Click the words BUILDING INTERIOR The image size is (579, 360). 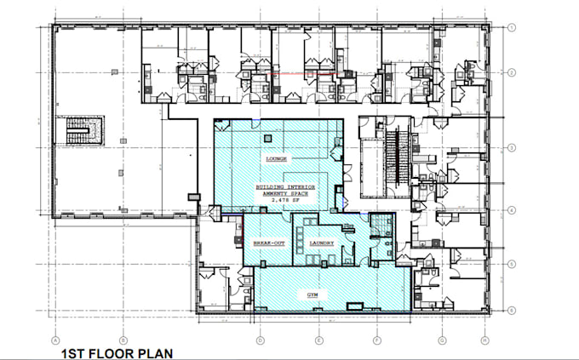tap(285, 186)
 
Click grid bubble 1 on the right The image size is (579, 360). tap(513, 28)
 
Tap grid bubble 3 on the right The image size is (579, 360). tap(513, 148)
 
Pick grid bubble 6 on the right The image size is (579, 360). tap(513, 311)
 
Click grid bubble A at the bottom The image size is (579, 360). tap(55, 338)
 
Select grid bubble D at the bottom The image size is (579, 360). tap(259, 338)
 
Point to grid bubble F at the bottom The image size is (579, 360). tap(376, 338)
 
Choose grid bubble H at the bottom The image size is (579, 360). tap(484, 338)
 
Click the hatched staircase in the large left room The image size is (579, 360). tap(85, 131)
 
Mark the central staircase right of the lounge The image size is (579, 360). tap(393, 157)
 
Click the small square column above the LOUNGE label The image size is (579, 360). tap(267, 138)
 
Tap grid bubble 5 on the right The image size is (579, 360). tap(513, 265)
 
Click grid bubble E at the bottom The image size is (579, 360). tap(318, 338)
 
